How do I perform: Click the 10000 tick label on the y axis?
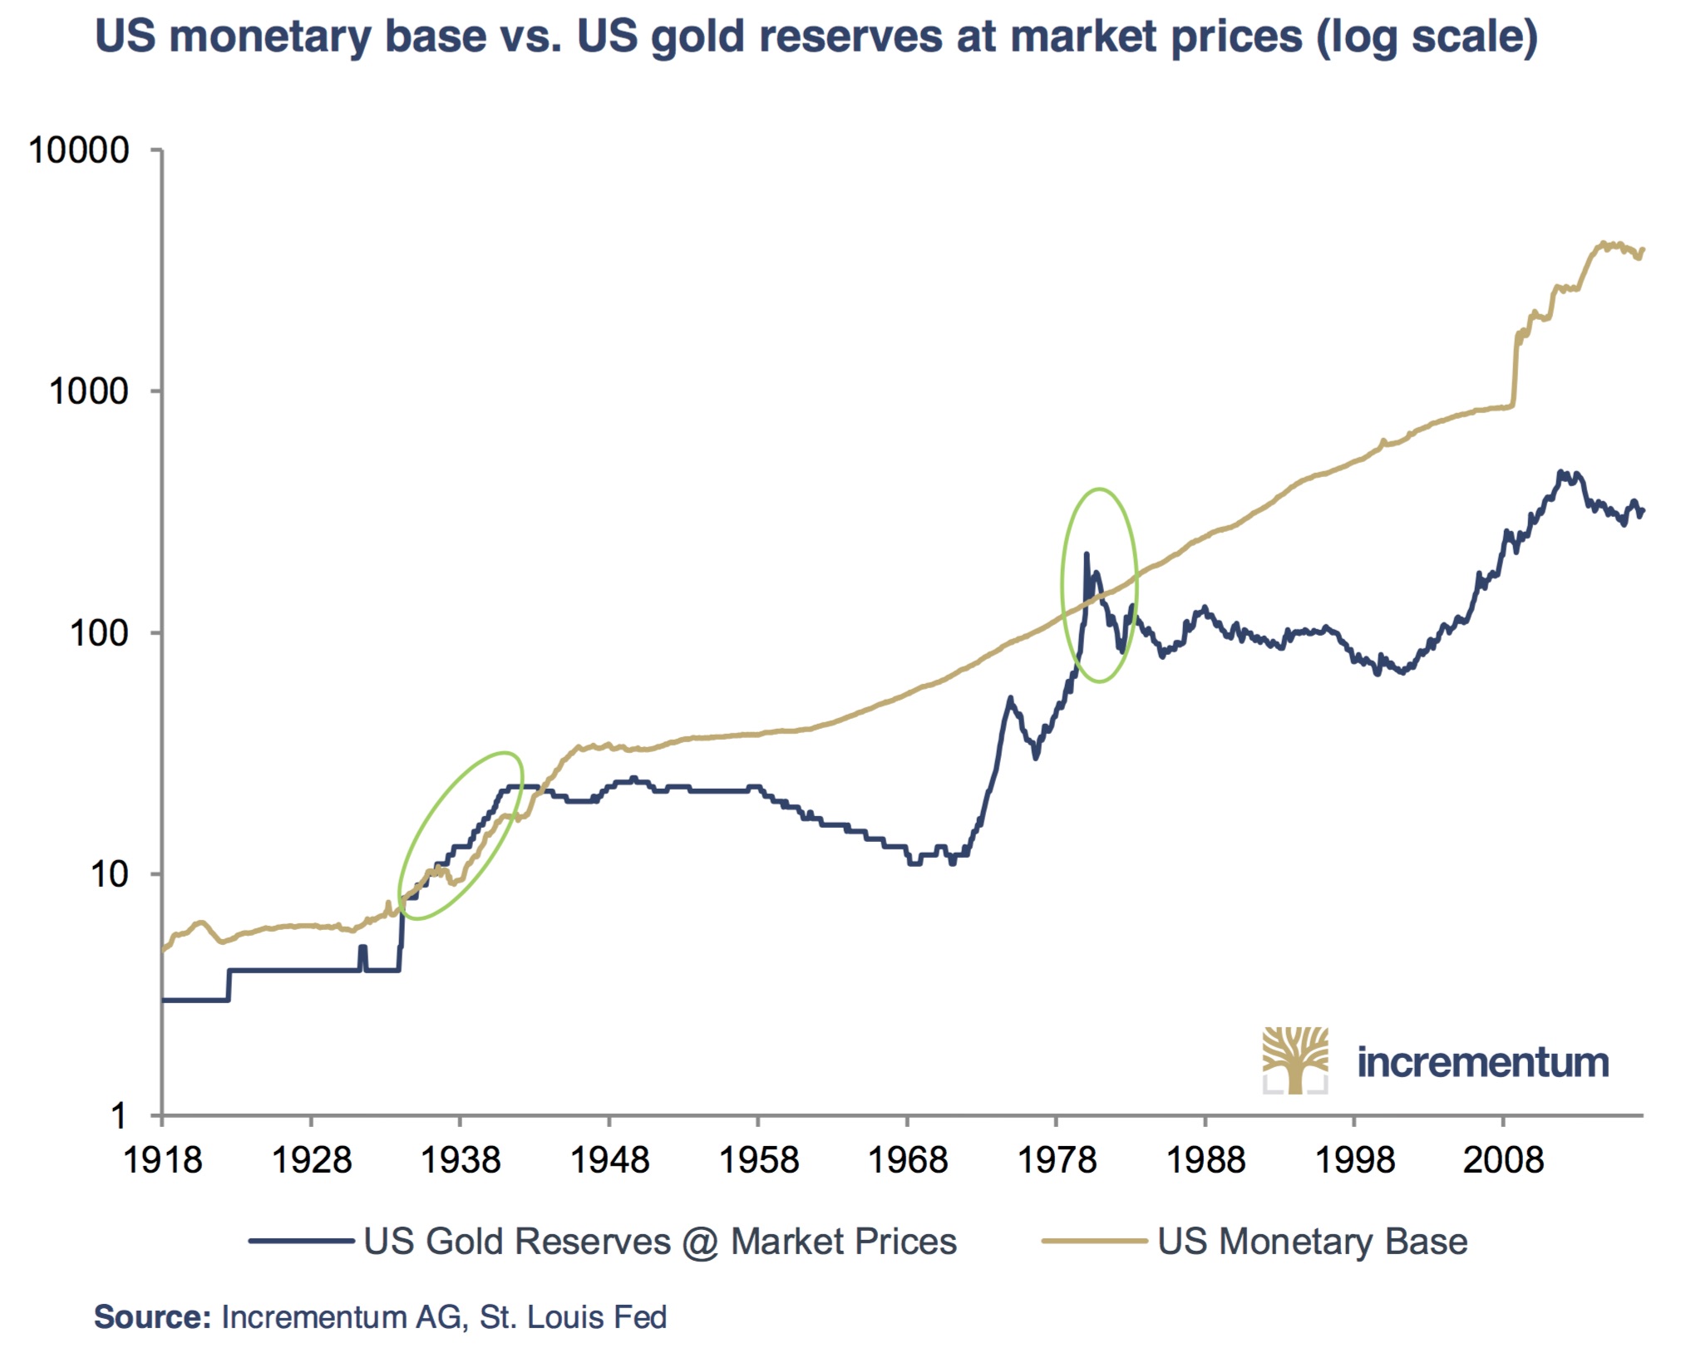click(79, 150)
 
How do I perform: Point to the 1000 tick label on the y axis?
click(89, 391)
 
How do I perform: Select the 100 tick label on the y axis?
click(99, 633)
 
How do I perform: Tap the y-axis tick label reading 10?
click(110, 874)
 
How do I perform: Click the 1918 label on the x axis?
click(162, 1159)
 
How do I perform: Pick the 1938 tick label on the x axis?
click(461, 1159)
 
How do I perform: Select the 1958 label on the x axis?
click(758, 1159)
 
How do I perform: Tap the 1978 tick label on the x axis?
click(1057, 1159)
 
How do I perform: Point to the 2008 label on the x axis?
click(1503, 1159)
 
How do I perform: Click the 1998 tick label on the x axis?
click(1354, 1159)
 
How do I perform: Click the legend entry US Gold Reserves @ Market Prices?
click(659, 1242)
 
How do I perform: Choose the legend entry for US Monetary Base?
click(1312, 1242)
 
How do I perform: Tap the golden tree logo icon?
click(1294, 1060)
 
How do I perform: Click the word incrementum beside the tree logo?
click(1482, 1062)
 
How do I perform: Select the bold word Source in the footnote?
click(152, 1317)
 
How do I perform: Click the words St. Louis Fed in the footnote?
click(574, 1317)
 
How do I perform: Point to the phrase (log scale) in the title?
click(1427, 37)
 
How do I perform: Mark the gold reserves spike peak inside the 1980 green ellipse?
click(1086, 554)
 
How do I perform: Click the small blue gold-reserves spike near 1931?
click(362, 948)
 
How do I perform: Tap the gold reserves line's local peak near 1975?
click(1010, 699)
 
